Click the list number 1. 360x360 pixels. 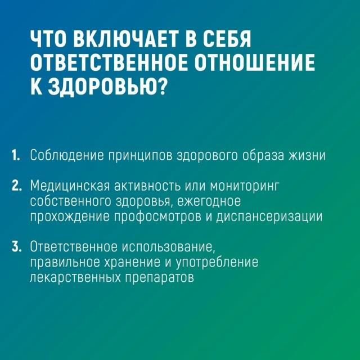(16, 155)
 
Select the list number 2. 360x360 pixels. (16, 185)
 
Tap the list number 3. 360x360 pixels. (16, 246)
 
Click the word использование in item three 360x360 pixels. (167, 247)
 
